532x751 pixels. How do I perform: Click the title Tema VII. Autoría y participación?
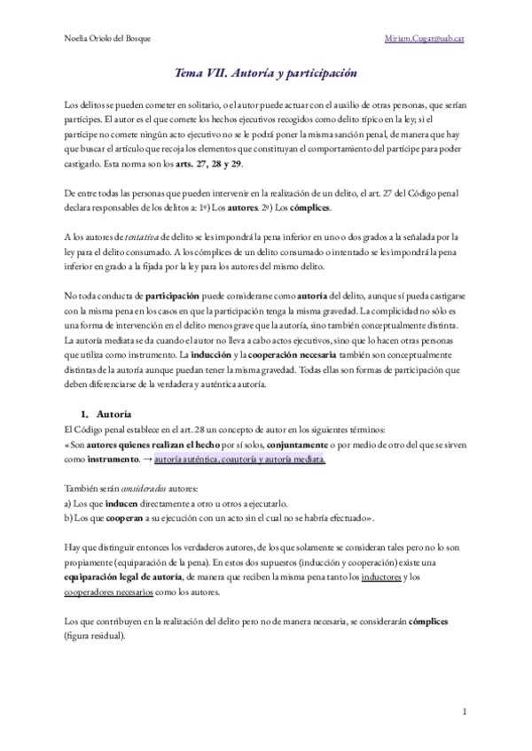point(266,76)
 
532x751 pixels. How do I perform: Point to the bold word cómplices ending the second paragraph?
point(329,206)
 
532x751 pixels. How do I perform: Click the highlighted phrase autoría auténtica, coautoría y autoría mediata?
point(239,461)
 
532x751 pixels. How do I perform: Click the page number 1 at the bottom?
point(465,711)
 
